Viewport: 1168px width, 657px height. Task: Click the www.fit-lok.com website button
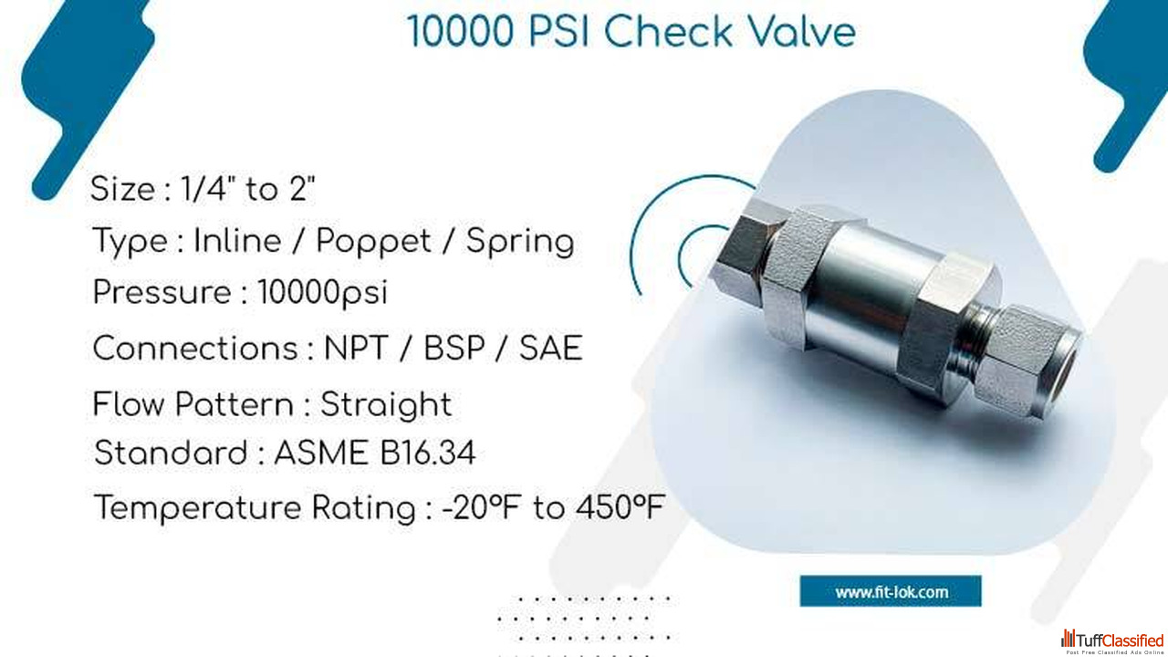[891, 591]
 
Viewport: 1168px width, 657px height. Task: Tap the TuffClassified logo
[1112, 641]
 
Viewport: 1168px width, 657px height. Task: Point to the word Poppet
[373, 243]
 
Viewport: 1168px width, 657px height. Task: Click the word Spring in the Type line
[520, 243]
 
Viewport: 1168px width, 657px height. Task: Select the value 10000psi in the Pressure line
[323, 293]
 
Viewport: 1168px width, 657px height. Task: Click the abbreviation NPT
[356, 349]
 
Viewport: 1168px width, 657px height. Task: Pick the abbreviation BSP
[454, 349]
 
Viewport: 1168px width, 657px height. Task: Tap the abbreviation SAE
[550, 349]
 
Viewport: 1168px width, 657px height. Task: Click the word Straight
[386, 405]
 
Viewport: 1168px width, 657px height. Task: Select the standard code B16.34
[427, 453]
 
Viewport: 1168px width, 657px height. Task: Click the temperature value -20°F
[481, 507]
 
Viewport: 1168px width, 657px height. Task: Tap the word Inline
[238, 242]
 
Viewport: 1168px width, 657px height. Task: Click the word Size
[122, 189]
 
